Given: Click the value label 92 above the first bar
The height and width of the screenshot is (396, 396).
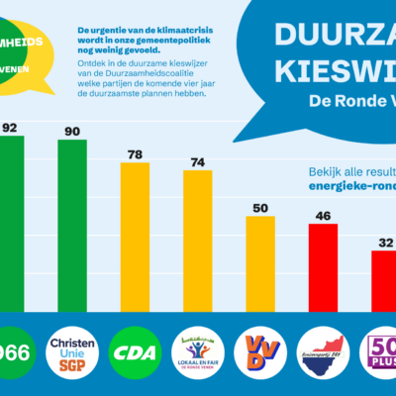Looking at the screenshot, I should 10,127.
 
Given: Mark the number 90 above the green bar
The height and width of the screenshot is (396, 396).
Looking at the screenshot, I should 72,131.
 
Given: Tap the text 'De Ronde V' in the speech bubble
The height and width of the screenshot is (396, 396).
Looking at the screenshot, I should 351,100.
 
